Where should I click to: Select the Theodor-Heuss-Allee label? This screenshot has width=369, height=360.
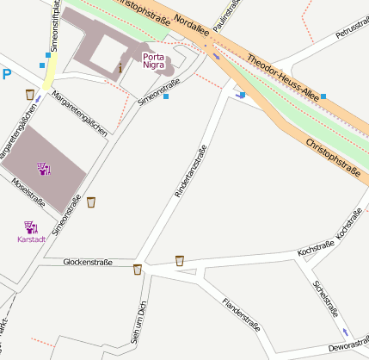coord(283,76)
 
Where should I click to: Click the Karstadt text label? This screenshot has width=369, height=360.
coord(31,239)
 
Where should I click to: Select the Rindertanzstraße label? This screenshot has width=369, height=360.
coord(190,173)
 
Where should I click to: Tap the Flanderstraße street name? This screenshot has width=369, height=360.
coord(241,315)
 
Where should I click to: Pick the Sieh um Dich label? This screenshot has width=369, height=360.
coord(135,322)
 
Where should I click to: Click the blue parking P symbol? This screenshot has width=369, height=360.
coord(7,75)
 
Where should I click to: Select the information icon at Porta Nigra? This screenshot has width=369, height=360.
coord(120,66)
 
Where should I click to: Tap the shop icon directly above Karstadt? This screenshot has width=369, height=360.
coord(31,227)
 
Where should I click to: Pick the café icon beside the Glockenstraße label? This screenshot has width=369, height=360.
coord(137,270)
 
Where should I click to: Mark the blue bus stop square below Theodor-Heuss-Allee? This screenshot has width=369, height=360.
coord(323,97)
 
